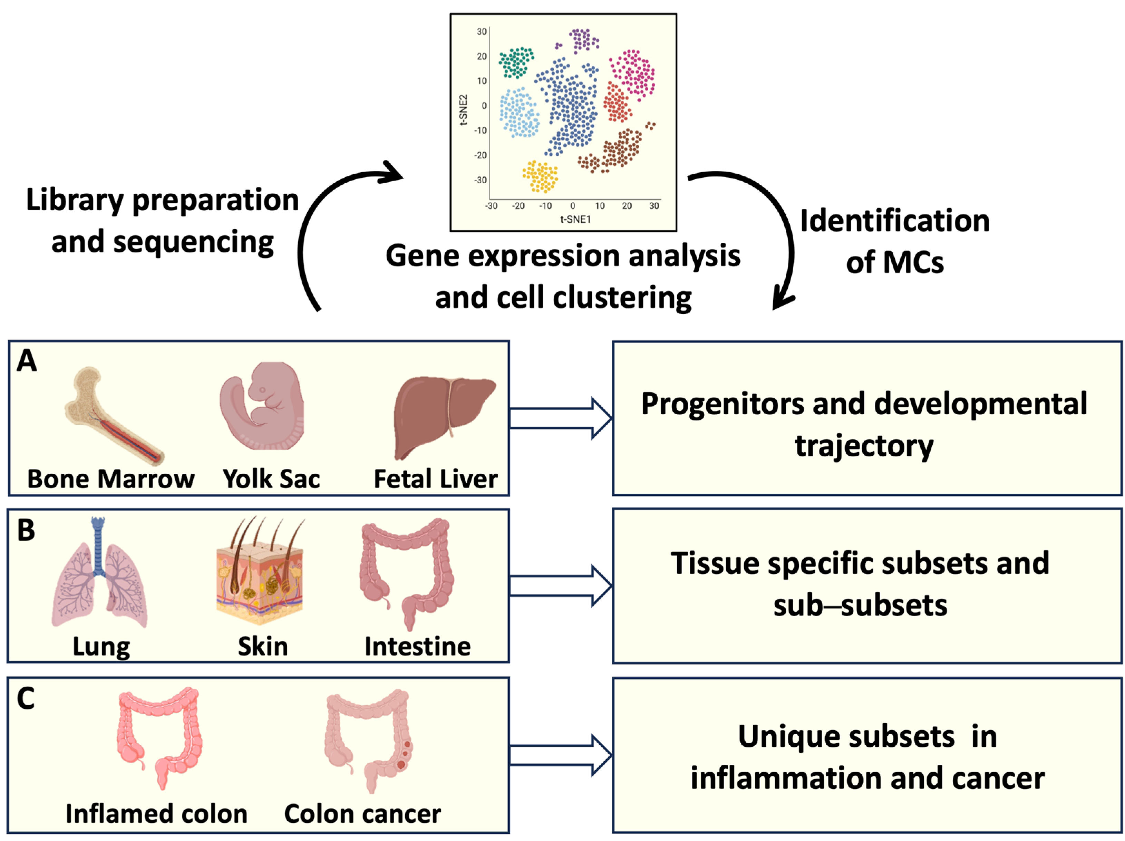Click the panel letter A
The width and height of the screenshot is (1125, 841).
[x=27, y=361]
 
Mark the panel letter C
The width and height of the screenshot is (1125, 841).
[x=26, y=698]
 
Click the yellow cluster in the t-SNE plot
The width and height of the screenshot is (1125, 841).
[x=540, y=176]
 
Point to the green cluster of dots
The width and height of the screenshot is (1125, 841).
[x=516, y=62]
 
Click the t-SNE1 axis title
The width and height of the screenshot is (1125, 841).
[x=575, y=219]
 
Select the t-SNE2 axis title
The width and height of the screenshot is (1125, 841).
[x=463, y=110]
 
